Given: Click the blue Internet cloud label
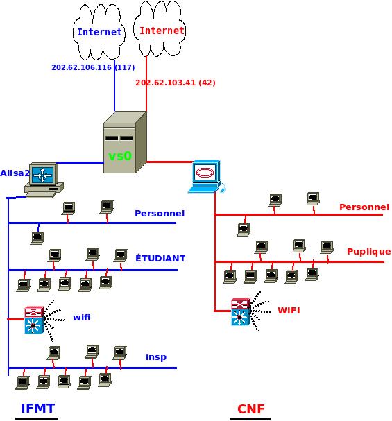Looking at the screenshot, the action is pos(99,32).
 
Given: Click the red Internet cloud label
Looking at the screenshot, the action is pos(162,31).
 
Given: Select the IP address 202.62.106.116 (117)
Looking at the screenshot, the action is pos(93,67).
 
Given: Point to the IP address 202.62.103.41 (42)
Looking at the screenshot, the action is pos(176,83).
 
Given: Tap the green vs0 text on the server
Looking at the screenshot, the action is pos(120,156).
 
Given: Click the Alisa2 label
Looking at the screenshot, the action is pos(15,173).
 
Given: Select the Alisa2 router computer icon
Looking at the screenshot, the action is pos(44,180).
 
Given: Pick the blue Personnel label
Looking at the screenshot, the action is pos(160,214).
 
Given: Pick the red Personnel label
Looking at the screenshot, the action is pos(364,207).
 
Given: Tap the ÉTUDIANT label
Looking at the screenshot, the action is pos(160,258).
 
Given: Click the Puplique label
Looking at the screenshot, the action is pos(368,252).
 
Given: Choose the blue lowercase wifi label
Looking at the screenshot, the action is pos(82,318).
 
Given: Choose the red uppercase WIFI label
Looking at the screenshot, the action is pos(289,311).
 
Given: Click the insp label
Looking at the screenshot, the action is pos(156,357).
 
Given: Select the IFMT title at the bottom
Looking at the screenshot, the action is pos(38,409).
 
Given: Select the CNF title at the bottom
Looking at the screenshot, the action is pos(250,409).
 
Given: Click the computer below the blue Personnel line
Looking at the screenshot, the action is pos(37,238).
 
